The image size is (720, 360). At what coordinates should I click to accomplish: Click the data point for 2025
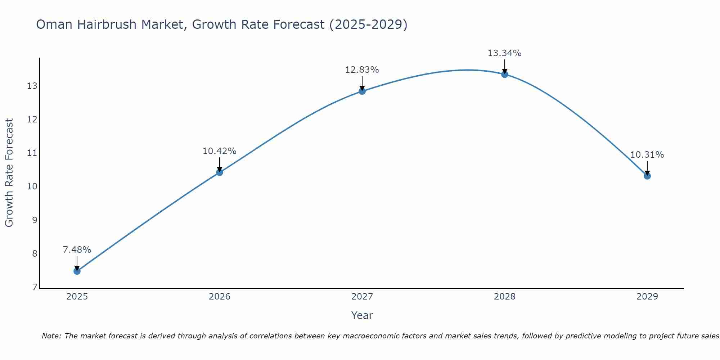(77, 271)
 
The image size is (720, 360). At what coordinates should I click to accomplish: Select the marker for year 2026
(220, 172)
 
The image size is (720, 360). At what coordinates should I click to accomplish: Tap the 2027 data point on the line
(362, 91)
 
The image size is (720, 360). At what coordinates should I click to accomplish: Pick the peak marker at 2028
(505, 74)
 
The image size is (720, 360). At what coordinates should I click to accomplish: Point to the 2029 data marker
(647, 176)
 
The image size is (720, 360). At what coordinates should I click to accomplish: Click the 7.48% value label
(77, 249)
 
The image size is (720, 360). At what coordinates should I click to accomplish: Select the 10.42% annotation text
(220, 151)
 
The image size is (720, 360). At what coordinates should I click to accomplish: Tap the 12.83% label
(362, 70)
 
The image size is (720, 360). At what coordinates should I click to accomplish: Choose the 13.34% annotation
(505, 53)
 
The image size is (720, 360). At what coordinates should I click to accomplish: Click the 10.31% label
(647, 155)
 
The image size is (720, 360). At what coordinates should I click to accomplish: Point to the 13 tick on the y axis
(32, 86)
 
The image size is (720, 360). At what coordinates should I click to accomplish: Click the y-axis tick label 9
(35, 220)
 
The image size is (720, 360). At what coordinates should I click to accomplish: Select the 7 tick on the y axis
(35, 287)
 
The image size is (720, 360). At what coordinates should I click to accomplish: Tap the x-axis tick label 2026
(220, 297)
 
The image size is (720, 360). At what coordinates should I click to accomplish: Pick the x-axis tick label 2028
(505, 297)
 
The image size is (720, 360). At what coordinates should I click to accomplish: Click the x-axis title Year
(362, 315)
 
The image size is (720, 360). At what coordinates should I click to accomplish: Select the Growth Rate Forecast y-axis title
(9, 173)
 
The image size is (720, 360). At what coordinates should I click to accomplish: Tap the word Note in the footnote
(52, 336)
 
